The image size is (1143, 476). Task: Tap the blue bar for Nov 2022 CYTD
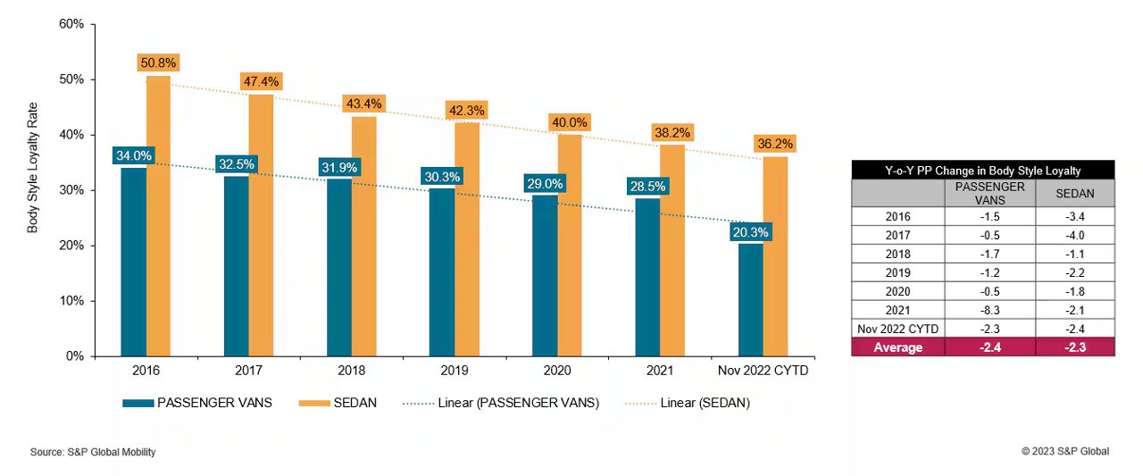[x=751, y=300]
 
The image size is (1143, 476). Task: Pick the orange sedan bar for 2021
[x=672, y=250]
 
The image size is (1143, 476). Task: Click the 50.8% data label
[x=159, y=63]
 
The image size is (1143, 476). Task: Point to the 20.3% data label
[x=750, y=232]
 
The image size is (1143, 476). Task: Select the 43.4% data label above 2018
[x=364, y=104]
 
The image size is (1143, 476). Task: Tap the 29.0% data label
[x=545, y=183]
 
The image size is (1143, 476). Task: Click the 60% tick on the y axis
[x=71, y=24]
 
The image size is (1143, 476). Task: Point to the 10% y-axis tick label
[x=71, y=301]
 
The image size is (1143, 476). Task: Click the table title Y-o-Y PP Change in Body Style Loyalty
[x=983, y=170]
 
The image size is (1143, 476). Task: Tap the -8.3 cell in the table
[x=989, y=310]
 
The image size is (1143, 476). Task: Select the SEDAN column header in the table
[x=1075, y=193]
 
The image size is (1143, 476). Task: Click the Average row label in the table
[x=897, y=347]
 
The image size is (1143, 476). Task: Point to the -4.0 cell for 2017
[x=1075, y=235]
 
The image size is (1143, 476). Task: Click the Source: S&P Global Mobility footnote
[x=93, y=452]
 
